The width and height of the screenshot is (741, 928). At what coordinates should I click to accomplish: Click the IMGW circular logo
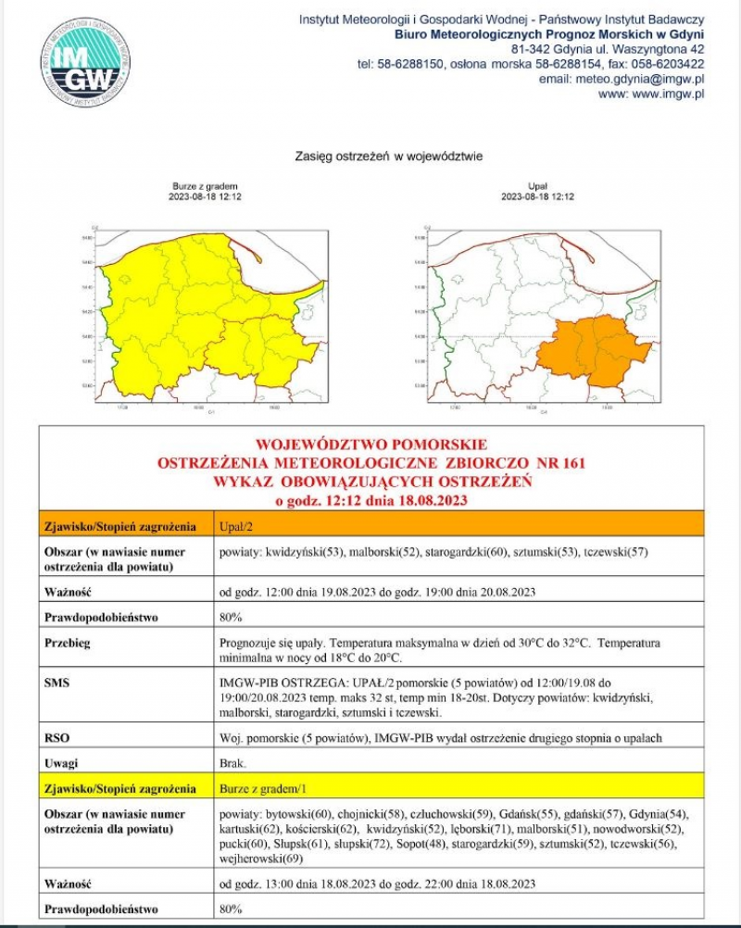(x=85, y=60)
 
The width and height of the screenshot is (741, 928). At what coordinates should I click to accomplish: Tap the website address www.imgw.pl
(x=652, y=94)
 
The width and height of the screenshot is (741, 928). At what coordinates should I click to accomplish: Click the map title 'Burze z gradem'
(x=205, y=186)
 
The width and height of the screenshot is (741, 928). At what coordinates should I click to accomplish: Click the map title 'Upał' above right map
(x=537, y=186)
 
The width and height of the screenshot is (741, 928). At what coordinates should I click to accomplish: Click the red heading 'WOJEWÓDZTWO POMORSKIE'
(x=371, y=445)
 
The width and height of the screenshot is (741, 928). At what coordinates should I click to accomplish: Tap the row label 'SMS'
(x=56, y=682)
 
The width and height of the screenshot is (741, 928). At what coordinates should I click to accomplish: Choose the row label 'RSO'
(x=56, y=738)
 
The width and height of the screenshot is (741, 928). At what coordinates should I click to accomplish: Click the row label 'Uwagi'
(x=59, y=764)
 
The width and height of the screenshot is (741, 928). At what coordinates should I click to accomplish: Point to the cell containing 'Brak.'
(x=232, y=764)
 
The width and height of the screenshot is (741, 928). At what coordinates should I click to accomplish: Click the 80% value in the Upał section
(x=231, y=617)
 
